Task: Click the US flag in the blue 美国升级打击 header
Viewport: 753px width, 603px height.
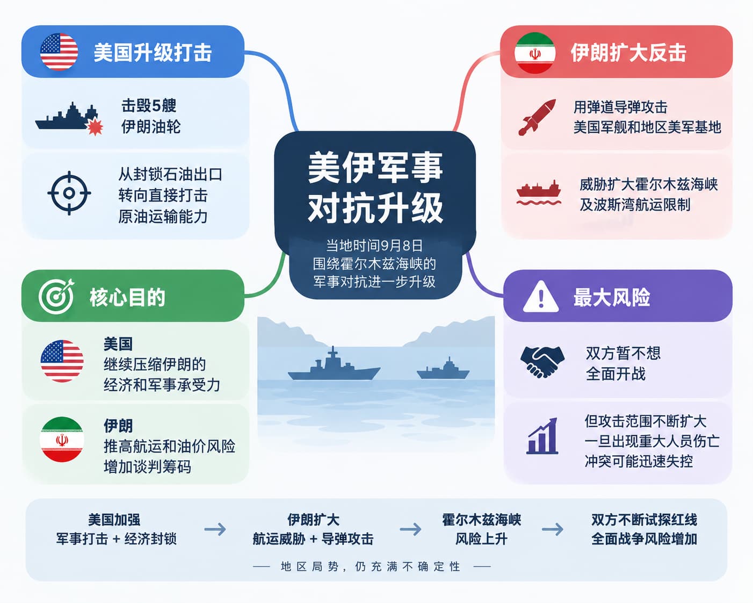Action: (x=59, y=52)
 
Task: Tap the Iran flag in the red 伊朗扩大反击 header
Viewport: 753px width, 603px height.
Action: (x=534, y=53)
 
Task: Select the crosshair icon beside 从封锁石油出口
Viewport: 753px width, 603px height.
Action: (x=69, y=193)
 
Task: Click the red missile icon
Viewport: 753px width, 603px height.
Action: (x=537, y=117)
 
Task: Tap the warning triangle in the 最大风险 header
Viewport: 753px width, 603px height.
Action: (x=541, y=297)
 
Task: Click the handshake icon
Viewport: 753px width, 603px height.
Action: (x=542, y=362)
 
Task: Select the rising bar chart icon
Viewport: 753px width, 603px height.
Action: (x=542, y=436)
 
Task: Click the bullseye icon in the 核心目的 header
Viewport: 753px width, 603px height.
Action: (x=56, y=297)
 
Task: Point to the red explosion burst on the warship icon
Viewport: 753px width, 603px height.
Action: (x=95, y=126)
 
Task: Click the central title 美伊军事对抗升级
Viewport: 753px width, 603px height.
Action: (x=375, y=188)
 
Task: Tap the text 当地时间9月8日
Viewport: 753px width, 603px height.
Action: (x=374, y=246)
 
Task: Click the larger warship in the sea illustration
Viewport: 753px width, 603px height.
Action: (x=334, y=365)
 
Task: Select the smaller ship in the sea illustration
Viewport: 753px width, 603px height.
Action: (x=443, y=369)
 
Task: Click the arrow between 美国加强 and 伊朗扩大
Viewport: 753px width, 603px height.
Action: (x=215, y=529)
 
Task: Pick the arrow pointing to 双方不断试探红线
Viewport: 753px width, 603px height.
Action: (x=553, y=529)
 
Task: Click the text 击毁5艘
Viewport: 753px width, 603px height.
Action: (x=149, y=105)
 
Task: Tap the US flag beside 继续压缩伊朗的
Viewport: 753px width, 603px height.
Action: (x=62, y=361)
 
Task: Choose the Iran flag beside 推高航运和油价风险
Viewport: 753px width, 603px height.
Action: (x=62, y=440)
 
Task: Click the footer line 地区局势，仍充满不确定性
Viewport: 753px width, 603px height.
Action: (x=371, y=566)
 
